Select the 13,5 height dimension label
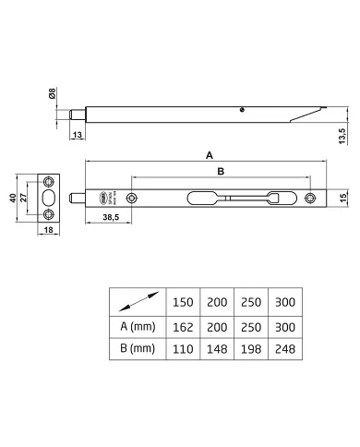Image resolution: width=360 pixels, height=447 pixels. (342, 137)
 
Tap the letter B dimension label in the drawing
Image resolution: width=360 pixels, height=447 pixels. (221, 172)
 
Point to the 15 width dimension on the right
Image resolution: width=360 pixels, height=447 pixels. (341, 197)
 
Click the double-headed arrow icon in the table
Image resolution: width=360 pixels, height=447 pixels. (137, 301)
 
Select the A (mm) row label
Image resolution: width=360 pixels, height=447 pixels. (137, 326)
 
